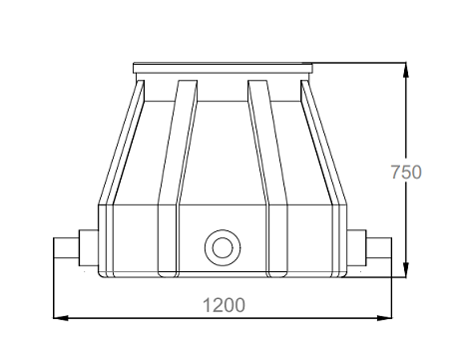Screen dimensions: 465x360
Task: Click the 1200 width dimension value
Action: coord(224,305)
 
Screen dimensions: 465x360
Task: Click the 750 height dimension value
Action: coord(406,173)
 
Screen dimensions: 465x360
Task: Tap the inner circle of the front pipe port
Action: coord(223,247)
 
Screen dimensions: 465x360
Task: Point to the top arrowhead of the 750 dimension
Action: coord(406,70)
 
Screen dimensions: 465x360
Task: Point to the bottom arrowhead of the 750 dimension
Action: coord(406,269)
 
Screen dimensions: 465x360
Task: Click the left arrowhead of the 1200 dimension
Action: coord(61,318)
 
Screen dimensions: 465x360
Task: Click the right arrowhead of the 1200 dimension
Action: coord(384,318)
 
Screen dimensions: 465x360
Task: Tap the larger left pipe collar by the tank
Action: coord(89,248)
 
